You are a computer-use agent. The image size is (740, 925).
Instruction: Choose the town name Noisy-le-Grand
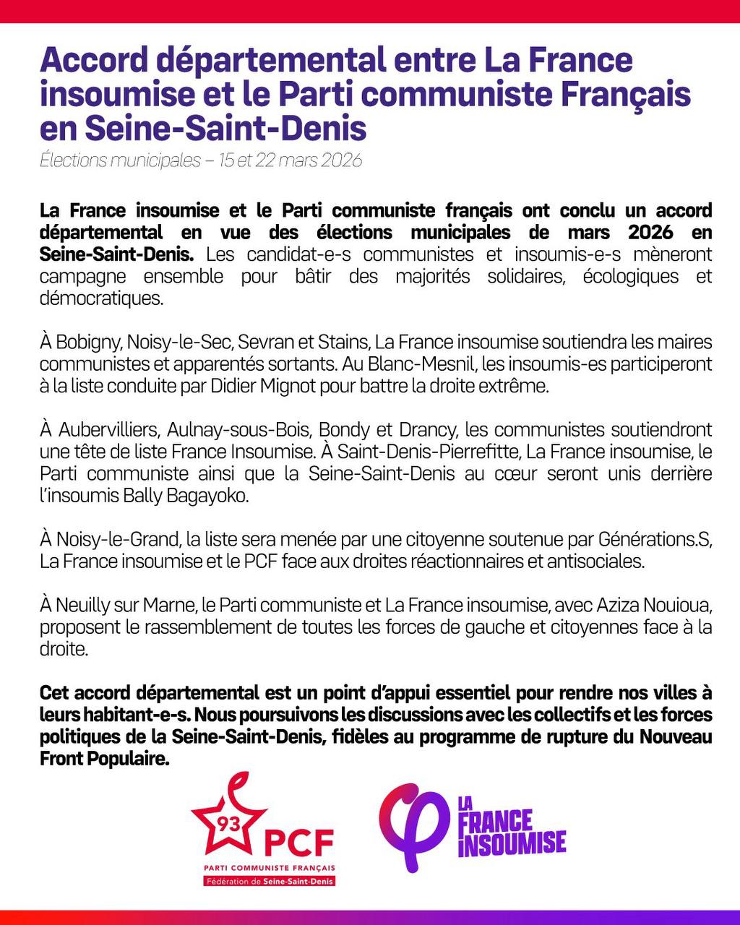tap(119, 539)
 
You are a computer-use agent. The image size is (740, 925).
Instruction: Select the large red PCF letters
tap(299, 842)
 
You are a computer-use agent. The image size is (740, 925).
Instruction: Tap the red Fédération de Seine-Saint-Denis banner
tap(270, 881)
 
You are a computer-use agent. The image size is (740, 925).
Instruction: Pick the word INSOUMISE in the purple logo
tap(512, 843)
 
